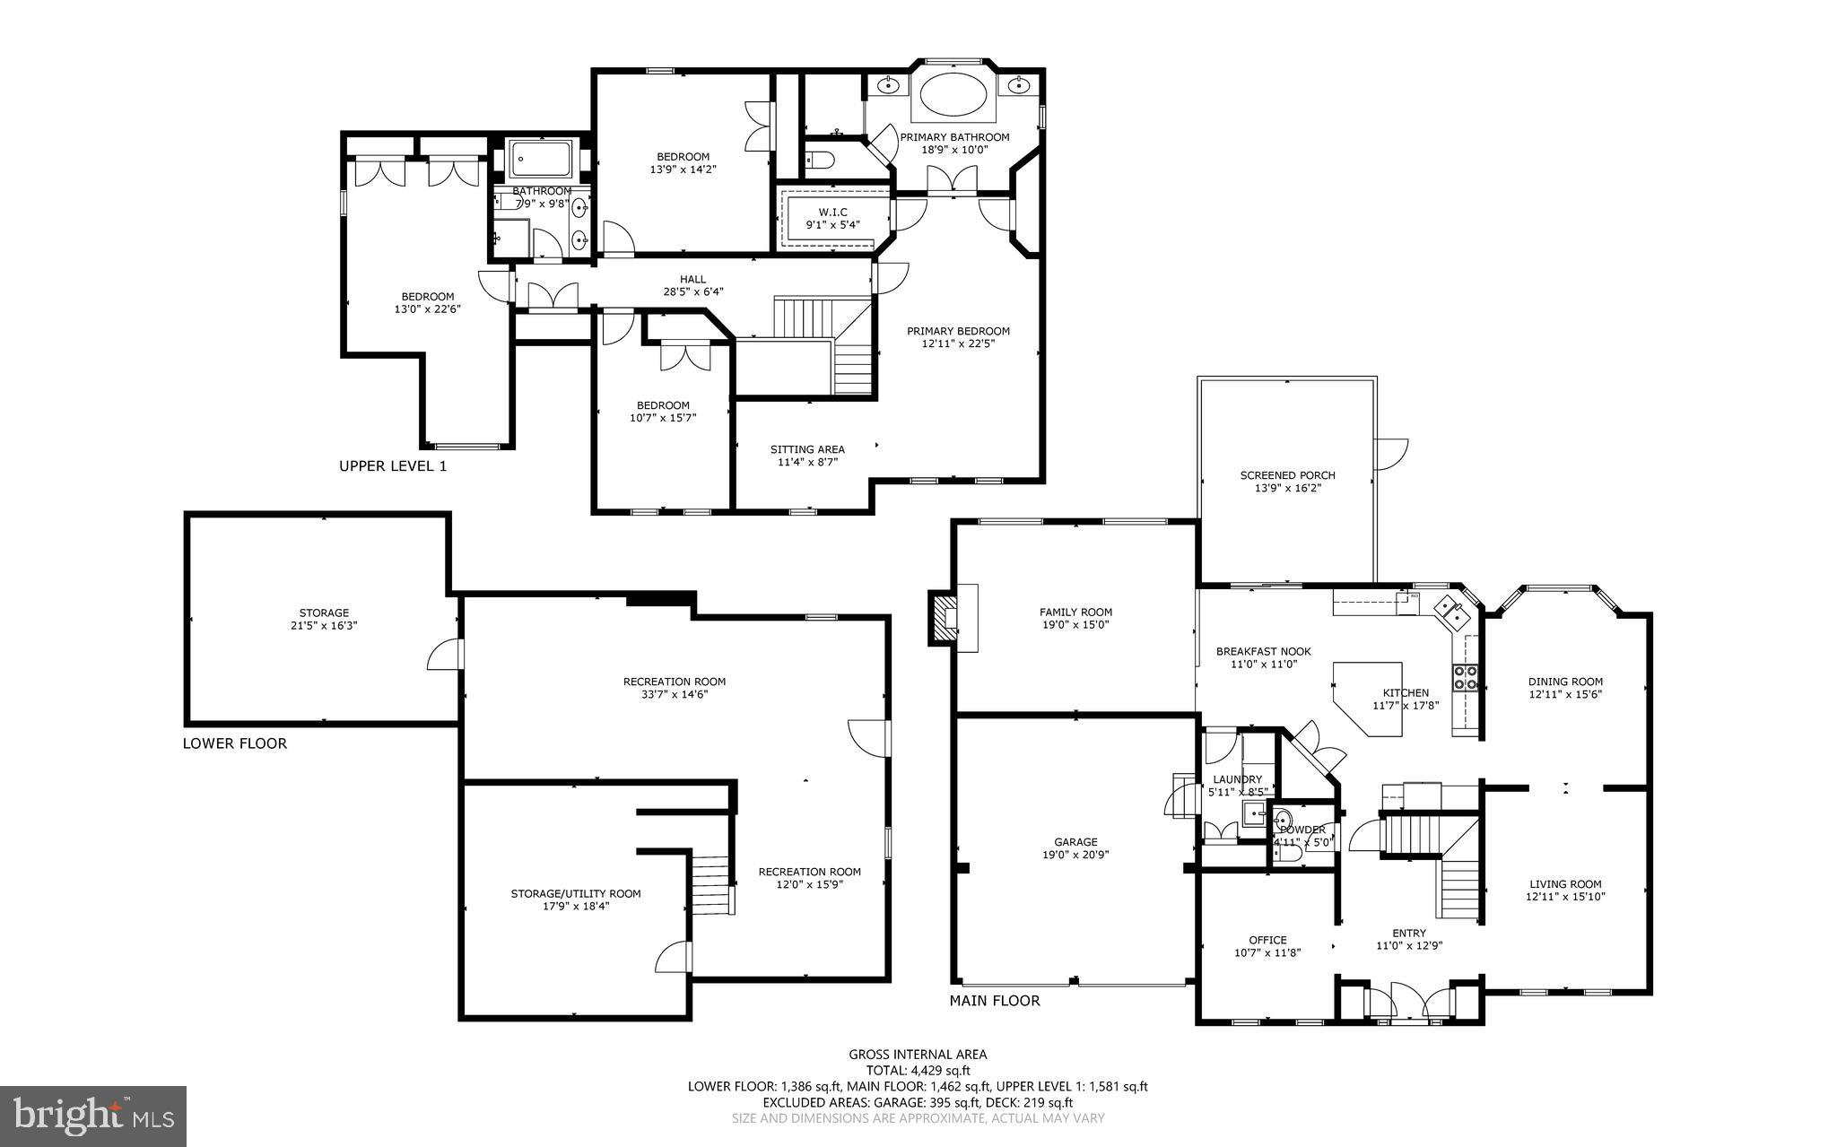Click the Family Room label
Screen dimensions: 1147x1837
1075,613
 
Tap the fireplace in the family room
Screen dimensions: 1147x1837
943,617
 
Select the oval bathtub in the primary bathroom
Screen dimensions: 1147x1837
952,92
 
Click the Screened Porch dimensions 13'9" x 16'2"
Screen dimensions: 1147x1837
1287,488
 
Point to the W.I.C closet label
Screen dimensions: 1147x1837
832,213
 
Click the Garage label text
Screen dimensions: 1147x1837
1075,842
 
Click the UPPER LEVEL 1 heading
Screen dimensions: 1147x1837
392,466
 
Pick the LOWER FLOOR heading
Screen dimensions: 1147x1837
234,743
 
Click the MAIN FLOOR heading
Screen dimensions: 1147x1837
995,1001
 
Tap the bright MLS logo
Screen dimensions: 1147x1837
92,1116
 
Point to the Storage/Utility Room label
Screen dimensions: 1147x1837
576,893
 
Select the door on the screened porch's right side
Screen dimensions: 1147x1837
1393,454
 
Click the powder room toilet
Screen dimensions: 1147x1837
1289,856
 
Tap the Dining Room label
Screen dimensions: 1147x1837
1565,682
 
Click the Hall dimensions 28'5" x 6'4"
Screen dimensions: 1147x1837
692,291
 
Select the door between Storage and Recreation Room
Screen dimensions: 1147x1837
446,655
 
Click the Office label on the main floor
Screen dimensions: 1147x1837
1267,940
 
